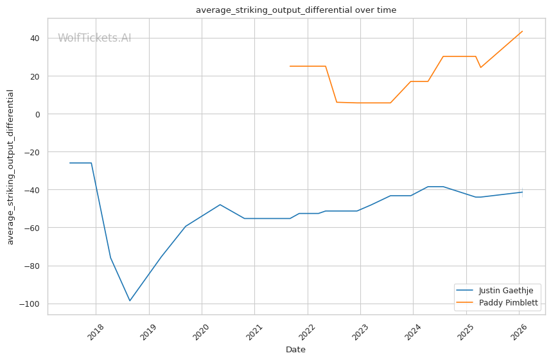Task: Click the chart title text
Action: tap(296, 10)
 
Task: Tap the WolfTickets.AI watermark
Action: tap(94, 38)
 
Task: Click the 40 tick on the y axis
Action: tap(35, 39)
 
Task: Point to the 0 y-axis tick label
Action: tap(38, 114)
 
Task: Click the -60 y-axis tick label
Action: tap(32, 228)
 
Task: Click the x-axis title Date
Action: tap(295, 350)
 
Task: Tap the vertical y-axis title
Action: tap(10, 167)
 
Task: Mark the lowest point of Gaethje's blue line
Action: tap(130, 301)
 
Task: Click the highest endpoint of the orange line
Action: tap(523, 31)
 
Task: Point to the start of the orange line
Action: tap(290, 66)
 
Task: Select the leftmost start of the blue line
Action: tap(69, 163)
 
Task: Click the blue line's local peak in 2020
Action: tap(220, 205)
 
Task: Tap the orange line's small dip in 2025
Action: tap(481, 67)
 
